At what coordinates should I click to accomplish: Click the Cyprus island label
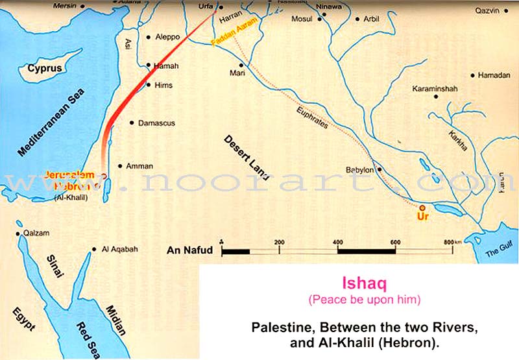pyautogui.click(x=45, y=69)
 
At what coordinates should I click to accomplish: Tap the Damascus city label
pyautogui.click(x=156, y=123)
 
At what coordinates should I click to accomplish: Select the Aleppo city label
pyautogui.click(x=168, y=37)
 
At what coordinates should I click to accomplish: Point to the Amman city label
pyautogui.click(x=139, y=166)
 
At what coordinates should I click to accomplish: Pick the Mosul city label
pyautogui.click(x=302, y=19)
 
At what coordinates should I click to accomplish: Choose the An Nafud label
pyautogui.click(x=186, y=250)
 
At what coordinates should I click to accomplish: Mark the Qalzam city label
pyautogui.click(x=36, y=233)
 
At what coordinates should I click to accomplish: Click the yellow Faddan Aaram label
pyautogui.click(x=234, y=43)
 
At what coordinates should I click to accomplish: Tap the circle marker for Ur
pyautogui.click(x=422, y=208)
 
